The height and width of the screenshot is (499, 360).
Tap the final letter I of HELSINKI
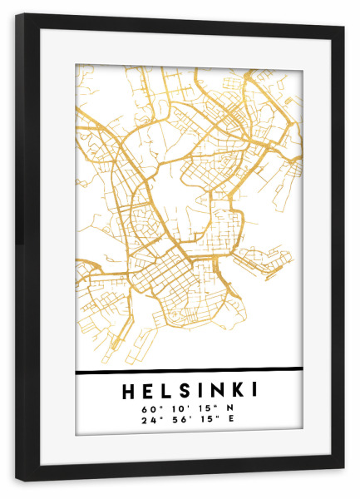tap(254, 390)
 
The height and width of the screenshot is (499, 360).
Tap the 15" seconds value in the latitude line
tap(205, 409)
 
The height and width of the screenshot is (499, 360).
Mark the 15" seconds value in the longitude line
tap(205, 421)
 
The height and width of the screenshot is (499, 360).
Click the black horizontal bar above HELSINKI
tap(189, 370)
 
